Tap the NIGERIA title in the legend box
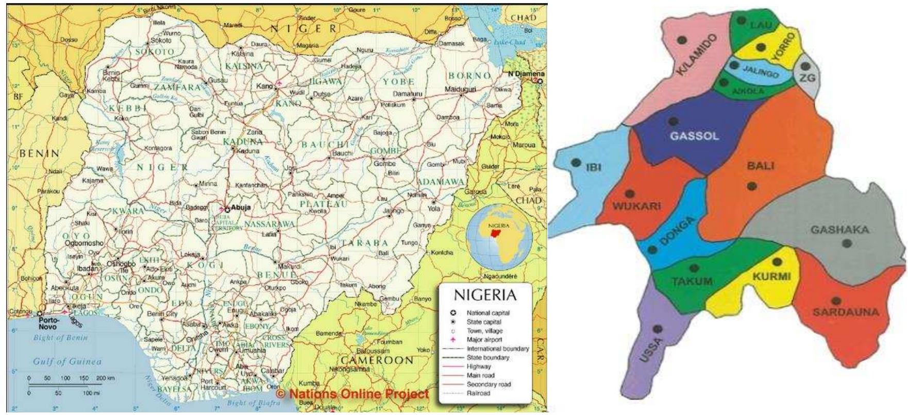[484, 295]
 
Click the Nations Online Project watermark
[352, 394]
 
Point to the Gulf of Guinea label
[67, 361]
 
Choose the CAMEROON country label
[377, 360]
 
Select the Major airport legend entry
[484, 339]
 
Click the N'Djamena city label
[526, 74]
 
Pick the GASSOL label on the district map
[694, 136]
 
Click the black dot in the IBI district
[576, 163]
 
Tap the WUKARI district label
[636, 206]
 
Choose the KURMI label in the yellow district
[771, 276]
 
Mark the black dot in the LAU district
[741, 21]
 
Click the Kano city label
[264, 86]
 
